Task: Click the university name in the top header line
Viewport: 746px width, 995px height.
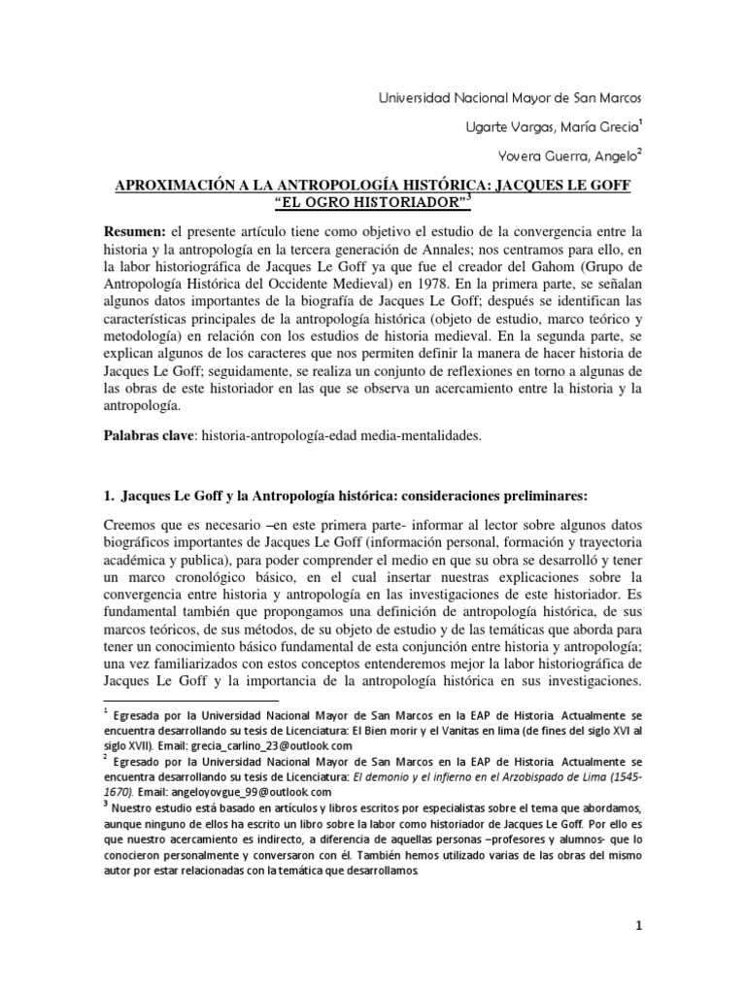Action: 508,98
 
